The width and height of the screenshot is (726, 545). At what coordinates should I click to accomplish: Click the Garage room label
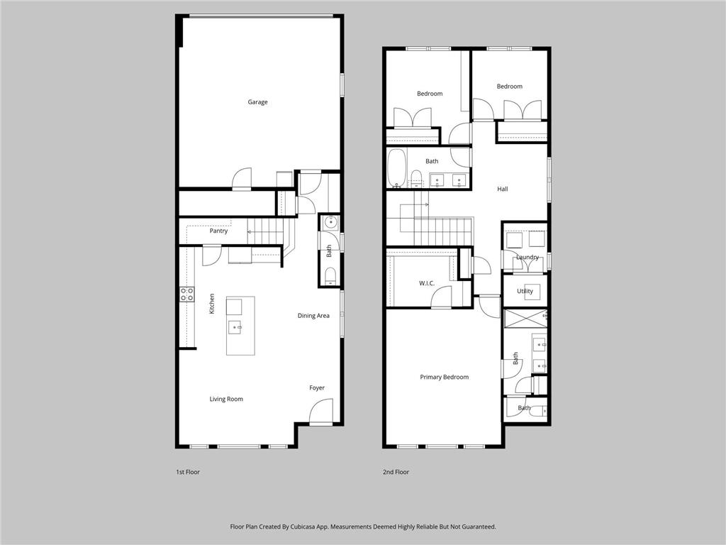coord(257,102)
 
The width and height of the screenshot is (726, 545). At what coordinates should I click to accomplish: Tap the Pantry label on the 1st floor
coord(218,231)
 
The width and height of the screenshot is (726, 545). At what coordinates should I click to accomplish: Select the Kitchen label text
coord(211,304)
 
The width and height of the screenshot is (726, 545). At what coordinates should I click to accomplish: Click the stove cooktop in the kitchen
coord(187,294)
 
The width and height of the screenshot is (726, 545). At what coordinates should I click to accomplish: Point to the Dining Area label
coord(313,316)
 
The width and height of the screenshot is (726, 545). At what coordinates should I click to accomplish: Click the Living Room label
coord(226,399)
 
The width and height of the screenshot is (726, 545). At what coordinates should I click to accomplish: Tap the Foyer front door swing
coord(320,412)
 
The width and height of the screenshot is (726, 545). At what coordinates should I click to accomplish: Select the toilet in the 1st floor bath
coord(330,275)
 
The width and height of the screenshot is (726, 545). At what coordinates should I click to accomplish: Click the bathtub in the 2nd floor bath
coord(397,167)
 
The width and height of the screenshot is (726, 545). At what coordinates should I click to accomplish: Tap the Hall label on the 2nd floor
coord(503,189)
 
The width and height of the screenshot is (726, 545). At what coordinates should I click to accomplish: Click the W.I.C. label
coord(426,283)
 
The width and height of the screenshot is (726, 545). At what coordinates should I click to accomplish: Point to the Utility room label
coord(525,291)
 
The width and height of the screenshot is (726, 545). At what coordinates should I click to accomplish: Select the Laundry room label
coord(527,257)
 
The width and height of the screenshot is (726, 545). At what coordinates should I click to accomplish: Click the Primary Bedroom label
coord(444,378)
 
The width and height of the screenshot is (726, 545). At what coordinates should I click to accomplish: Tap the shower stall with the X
coord(525,319)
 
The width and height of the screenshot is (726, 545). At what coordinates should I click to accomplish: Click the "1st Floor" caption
coord(187,472)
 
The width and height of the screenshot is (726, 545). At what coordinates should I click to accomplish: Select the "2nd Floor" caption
coord(396,472)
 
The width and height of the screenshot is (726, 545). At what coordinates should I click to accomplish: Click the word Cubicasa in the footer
coord(303,527)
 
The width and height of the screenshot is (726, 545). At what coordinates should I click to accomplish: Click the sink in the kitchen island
coord(235,327)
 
